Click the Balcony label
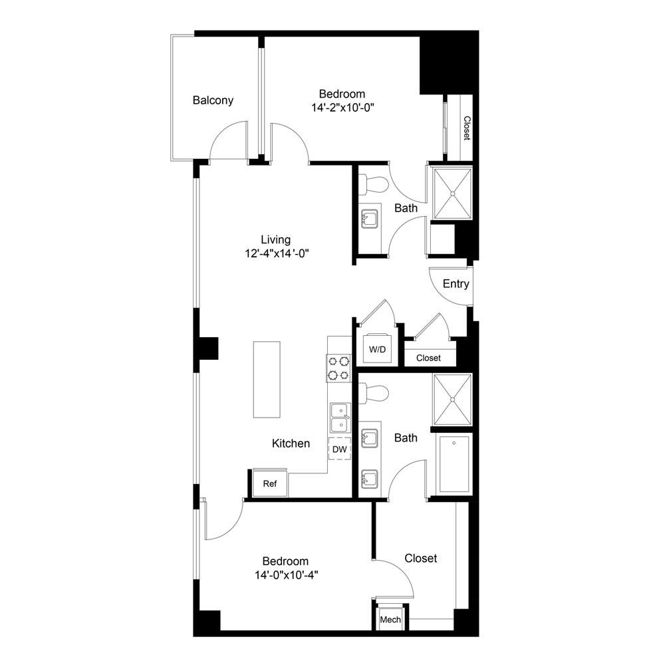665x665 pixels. pos(213,100)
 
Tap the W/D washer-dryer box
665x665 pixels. pos(378,348)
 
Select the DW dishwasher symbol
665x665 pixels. pos(340,449)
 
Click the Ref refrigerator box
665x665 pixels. pos(270,483)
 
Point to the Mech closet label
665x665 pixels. pos(390,620)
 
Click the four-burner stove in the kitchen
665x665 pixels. pos(339,368)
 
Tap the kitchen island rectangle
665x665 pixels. pos(267,380)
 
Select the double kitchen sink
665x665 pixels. pos(340,418)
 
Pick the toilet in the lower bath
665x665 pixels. pos(374,392)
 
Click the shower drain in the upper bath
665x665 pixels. pos(452,194)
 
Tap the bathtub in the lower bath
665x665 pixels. pos(454,464)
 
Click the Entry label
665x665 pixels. pos(456,284)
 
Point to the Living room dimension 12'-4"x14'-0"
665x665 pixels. pos(277,253)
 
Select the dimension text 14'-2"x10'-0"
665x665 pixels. pos(342,108)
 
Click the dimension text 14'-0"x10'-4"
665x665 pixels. pos(287,575)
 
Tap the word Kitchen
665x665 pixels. pos(291,444)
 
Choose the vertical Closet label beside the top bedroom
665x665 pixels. pos(467,128)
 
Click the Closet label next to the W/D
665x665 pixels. pos(428,358)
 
